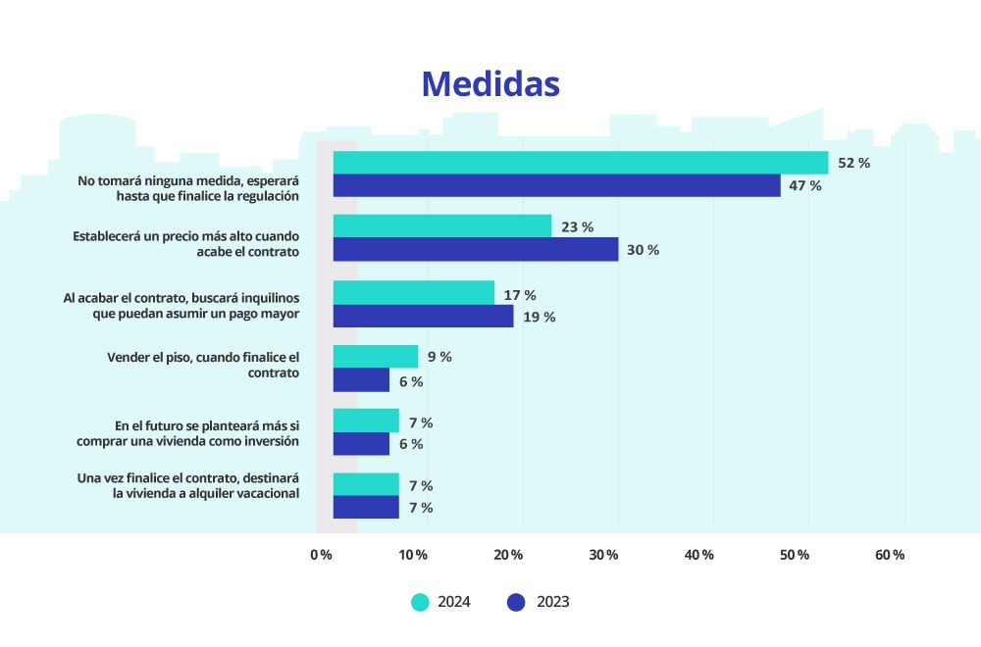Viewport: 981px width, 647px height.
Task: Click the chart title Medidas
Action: (x=490, y=84)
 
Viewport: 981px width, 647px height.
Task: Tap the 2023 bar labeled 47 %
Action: (x=556, y=185)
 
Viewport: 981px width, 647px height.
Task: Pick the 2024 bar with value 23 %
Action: (x=442, y=226)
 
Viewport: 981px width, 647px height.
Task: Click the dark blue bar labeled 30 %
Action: (x=476, y=249)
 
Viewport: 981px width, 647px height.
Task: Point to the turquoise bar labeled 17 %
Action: (x=414, y=293)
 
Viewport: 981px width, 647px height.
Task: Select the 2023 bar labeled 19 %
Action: (x=423, y=316)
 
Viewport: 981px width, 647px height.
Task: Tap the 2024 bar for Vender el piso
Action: (x=376, y=357)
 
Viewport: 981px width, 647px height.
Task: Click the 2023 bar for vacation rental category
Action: (x=366, y=507)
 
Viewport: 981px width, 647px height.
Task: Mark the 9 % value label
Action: (x=439, y=357)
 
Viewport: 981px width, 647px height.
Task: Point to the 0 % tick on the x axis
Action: (x=321, y=555)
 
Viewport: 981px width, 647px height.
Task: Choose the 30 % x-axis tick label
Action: (x=604, y=555)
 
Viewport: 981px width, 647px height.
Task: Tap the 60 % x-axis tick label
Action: (x=890, y=555)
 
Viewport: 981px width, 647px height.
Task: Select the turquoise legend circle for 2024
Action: (x=421, y=602)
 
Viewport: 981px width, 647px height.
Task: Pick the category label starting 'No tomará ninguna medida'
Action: (x=188, y=188)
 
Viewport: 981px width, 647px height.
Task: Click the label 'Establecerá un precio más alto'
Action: (x=185, y=244)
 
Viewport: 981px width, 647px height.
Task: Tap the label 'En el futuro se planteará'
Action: (x=187, y=433)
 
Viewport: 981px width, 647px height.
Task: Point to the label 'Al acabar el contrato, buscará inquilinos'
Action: (x=181, y=305)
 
